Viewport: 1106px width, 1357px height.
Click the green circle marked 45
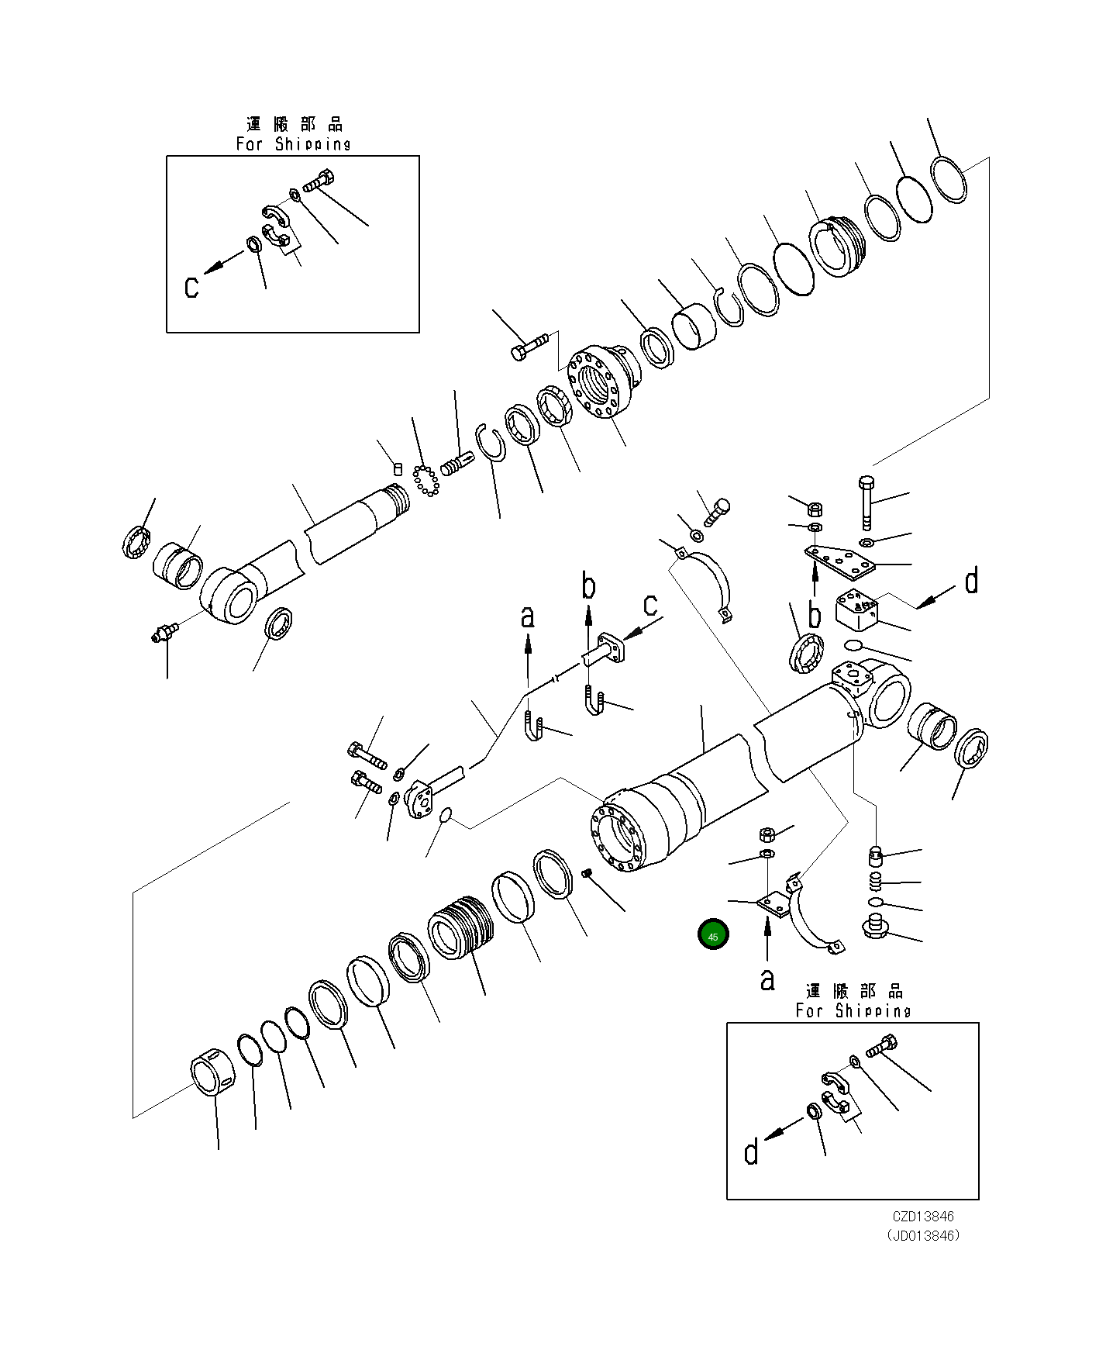[x=712, y=935]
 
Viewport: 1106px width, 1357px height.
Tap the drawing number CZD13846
[x=922, y=1217]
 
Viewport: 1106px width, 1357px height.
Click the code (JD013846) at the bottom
[x=922, y=1236]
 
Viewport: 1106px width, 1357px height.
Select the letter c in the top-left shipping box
[x=191, y=287]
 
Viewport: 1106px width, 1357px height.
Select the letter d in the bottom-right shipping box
[x=750, y=1153]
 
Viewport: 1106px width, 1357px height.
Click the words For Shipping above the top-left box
[x=293, y=144]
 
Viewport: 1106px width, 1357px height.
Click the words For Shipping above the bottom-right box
[x=853, y=1011]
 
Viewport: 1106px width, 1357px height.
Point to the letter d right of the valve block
[x=971, y=581]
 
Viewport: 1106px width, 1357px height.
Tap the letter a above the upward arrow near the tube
[x=528, y=617]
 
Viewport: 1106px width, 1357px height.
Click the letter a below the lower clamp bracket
[x=767, y=979]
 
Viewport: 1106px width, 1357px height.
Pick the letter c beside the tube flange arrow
[x=650, y=604]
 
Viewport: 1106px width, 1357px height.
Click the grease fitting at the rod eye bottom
[x=164, y=633]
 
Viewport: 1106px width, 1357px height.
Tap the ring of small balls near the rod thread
[x=426, y=480]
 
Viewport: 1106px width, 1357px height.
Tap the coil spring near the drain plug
[x=874, y=882]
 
